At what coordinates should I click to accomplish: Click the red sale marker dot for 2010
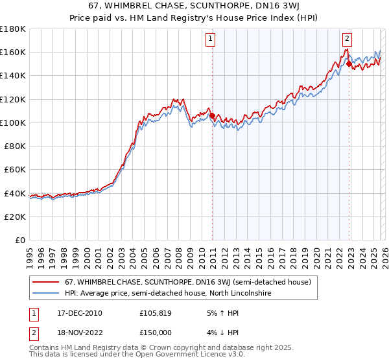coord(212,116)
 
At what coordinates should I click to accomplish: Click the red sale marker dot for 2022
coord(349,64)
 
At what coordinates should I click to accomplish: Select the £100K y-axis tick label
coord(13,123)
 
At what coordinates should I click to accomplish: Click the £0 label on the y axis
coord(19,240)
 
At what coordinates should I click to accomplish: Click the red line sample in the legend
coord(46,282)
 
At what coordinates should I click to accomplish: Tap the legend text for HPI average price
coord(167,294)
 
